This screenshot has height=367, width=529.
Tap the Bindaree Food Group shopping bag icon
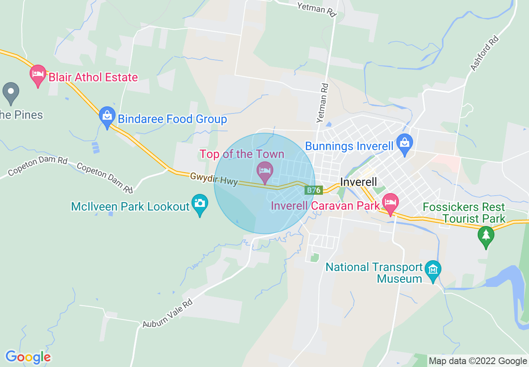107,116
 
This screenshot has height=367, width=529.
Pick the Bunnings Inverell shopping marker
404,143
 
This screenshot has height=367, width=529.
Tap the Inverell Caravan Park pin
390,203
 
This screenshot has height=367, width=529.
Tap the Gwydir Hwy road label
214,179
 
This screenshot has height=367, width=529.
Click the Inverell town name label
358,182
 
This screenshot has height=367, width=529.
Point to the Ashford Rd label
484,53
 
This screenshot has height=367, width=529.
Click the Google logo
28,357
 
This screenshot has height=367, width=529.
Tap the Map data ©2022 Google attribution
478,361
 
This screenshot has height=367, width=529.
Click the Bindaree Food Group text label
172,119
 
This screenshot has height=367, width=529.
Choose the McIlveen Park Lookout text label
130,206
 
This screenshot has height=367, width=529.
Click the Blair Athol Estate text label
93,78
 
